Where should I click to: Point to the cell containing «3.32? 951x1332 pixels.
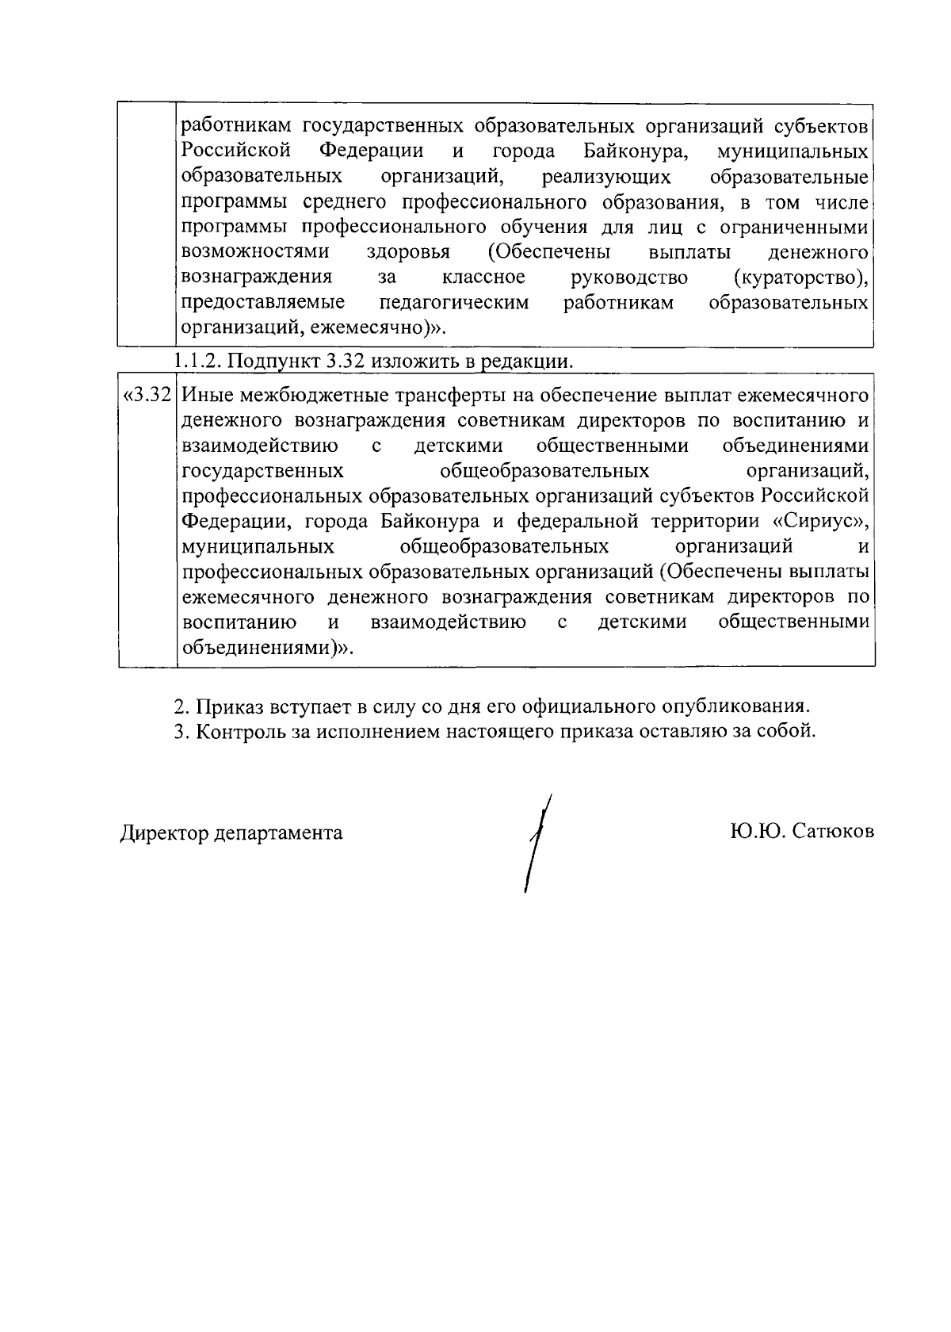(x=147, y=395)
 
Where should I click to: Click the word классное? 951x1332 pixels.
(x=483, y=277)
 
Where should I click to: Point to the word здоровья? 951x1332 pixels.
(x=409, y=252)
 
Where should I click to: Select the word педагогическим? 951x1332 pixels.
(x=454, y=303)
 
